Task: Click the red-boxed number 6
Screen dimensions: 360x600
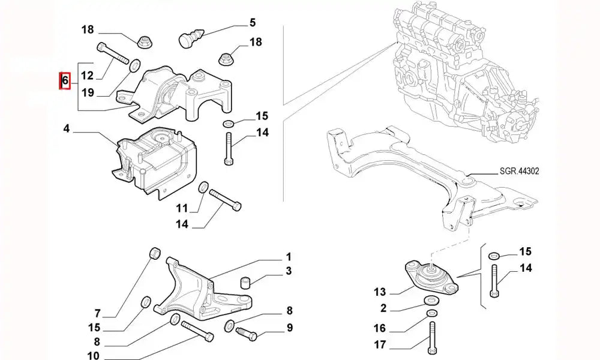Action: (65, 80)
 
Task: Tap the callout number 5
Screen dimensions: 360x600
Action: (253, 23)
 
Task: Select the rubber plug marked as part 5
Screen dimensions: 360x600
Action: (190, 40)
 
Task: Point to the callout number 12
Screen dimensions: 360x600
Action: (87, 76)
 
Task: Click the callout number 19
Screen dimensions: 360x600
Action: (87, 92)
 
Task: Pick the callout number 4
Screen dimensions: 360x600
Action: (67, 128)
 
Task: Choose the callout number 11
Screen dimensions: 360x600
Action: (182, 208)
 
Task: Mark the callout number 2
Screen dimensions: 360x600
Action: (383, 308)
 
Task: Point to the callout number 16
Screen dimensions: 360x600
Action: (379, 329)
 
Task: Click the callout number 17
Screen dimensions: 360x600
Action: (379, 345)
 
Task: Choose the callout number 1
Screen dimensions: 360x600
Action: (289, 256)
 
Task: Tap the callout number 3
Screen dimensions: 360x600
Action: (289, 272)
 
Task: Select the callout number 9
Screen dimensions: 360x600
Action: (289, 328)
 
